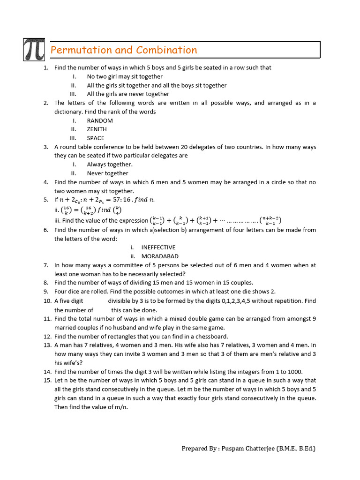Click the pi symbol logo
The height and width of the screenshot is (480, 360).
coord(34,49)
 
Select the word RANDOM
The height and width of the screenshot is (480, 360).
coord(100,120)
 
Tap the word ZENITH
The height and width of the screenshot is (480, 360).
coord(97,129)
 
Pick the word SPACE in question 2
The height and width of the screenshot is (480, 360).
coord(96,138)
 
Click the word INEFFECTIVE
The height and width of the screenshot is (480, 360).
coord(158,247)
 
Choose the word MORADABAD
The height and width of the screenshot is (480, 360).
coord(160,256)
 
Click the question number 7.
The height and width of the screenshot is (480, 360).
coord(46,265)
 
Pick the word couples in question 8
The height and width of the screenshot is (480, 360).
coord(240,283)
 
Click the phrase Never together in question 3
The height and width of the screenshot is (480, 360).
coord(107,173)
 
